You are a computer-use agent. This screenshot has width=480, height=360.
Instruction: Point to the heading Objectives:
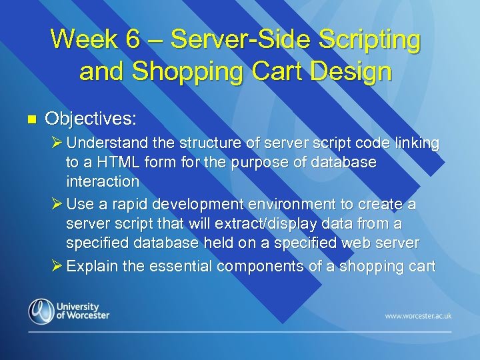pyautogui.click(x=90, y=119)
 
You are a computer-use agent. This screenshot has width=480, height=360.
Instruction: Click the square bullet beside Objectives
pyautogui.click(x=29, y=119)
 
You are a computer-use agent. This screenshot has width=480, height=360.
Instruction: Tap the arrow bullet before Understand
pyautogui.click(x=57, y=143)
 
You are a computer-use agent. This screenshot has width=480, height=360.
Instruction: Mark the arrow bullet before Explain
pyautogui.click(x=57, y=267)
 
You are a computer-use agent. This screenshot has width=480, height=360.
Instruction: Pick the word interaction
pyautogui.click(x=102, y=181)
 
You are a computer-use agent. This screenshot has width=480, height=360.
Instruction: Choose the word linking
pyautogui.click(x=415, y=143)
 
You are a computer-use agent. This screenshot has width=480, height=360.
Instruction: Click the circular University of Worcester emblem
pyautogui.click(x=41, y=311)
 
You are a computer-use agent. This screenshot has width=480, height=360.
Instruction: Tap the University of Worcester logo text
pyautogui.click(x=83, y=311)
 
